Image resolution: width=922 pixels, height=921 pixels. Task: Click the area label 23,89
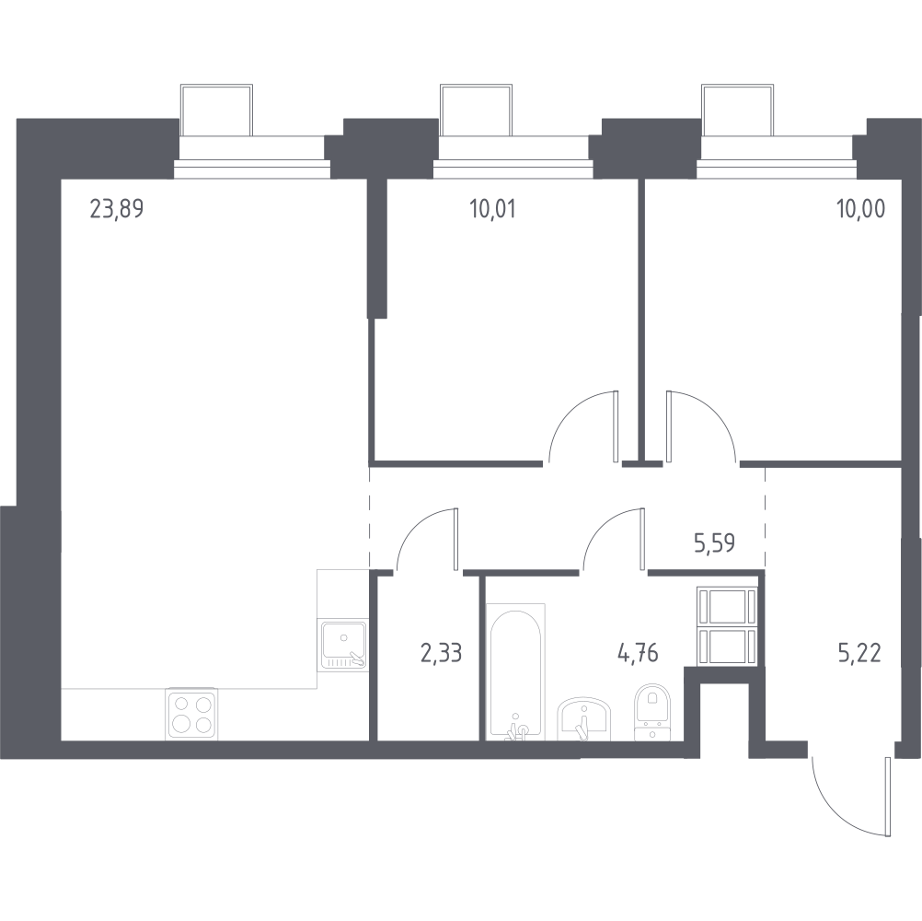[117, 209]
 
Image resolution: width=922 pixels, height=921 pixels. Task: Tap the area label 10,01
[493, 209]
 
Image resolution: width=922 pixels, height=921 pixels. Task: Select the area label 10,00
[861, 209]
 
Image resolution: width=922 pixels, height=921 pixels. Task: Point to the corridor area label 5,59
[714, 543]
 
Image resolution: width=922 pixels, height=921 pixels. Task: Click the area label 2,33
[441, 653]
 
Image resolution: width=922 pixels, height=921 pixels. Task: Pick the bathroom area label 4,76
[638, 653]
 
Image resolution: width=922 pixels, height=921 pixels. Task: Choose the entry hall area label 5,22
[860, 653]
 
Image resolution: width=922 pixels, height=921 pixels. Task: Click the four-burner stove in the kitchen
[192, 713]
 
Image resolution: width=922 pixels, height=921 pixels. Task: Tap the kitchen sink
[343, 645]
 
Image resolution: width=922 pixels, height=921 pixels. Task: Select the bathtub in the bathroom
[515, 671]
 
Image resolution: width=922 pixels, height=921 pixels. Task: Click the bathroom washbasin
[584, 718]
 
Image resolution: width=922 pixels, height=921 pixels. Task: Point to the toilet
[652, 712]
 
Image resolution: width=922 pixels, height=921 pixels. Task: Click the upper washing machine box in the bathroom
[726, 605]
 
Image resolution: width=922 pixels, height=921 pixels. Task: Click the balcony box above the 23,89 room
[217, 111]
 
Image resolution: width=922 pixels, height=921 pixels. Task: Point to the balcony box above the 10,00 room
[737, 111]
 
